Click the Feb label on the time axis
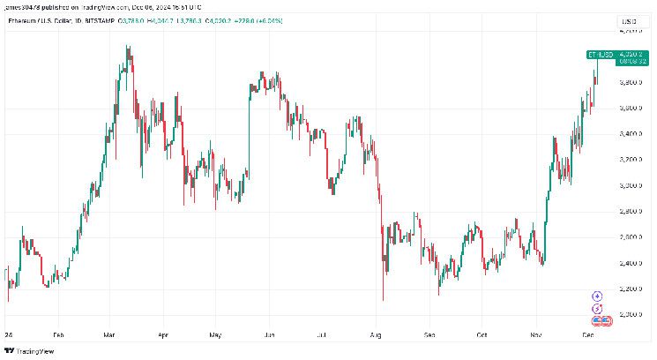58,336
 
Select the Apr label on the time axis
162,336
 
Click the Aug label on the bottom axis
377,336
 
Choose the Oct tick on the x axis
483,336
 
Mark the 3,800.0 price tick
628,82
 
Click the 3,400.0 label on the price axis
628,134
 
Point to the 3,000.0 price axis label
628,186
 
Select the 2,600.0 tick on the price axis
628,237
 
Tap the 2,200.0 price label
628,289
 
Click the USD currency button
628,20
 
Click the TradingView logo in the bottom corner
29,350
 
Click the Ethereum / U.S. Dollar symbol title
36,19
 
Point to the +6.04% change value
268,19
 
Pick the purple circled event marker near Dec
597,296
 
